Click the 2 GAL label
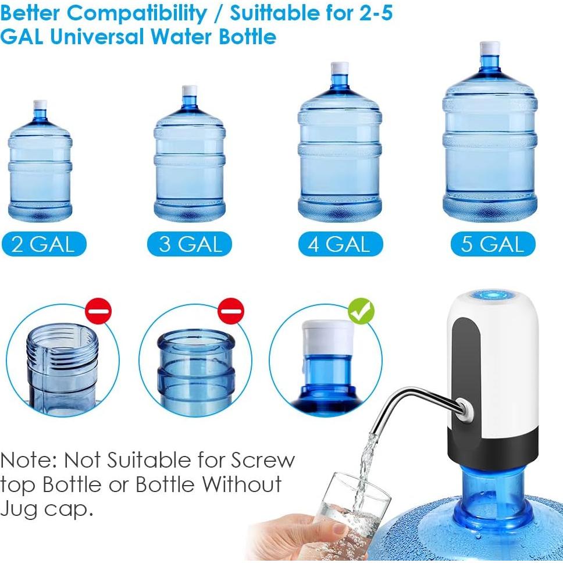[x=43, y=244]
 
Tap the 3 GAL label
[x=190, y=244]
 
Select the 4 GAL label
[x=340, y=244]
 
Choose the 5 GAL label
[x=493, y=244]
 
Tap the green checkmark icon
[x=361, y=312]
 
